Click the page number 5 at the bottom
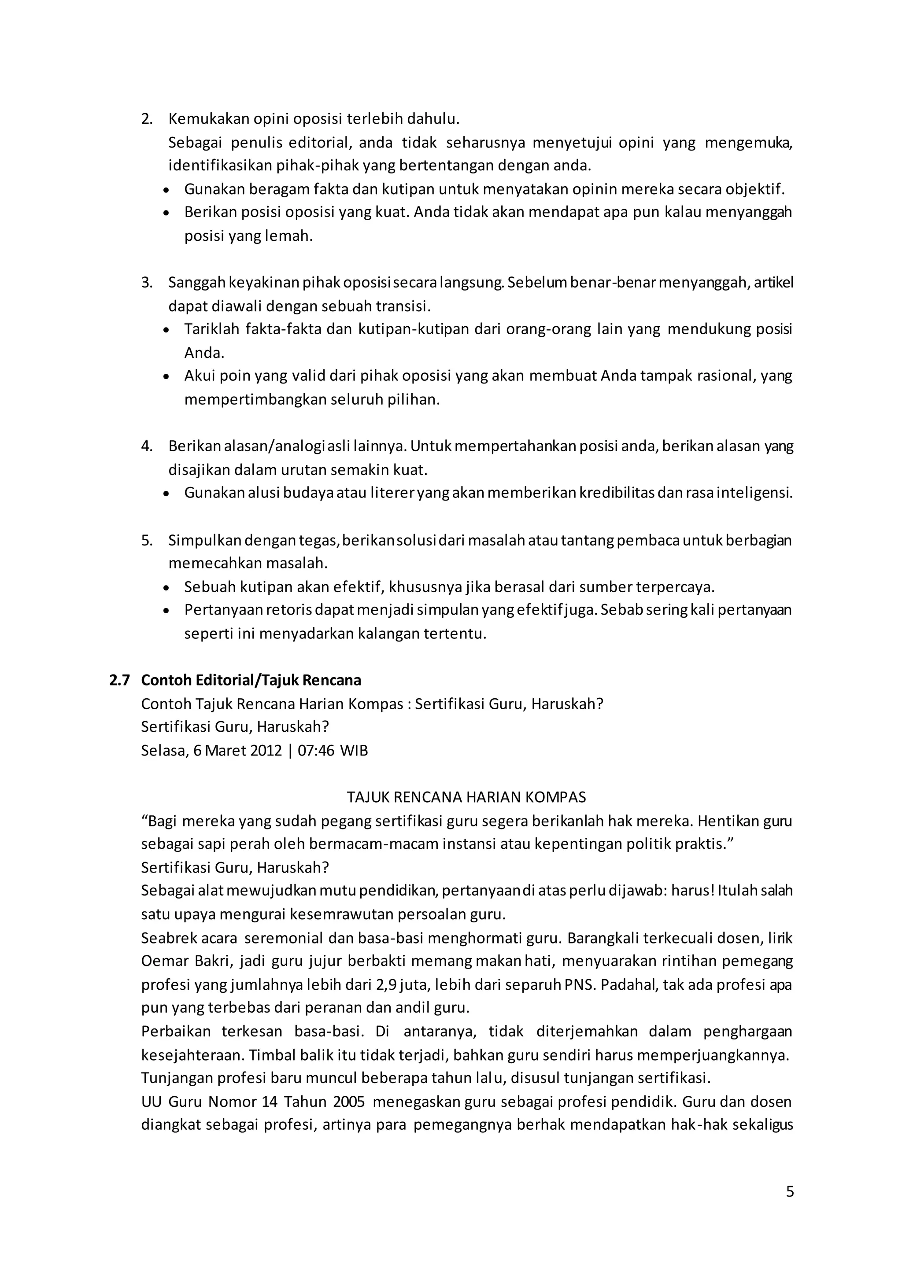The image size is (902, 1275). tap(790, 1192)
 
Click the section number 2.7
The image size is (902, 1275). tap(119, 680)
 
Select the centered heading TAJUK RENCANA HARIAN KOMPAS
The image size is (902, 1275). tap(466, 797)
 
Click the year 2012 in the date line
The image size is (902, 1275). tap(266, 751)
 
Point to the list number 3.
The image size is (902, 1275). tap(147, 283)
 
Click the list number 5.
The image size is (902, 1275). tap(147, 540)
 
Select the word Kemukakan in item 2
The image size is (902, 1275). tap(209, 119)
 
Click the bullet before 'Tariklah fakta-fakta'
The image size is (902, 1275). tap(166, 330)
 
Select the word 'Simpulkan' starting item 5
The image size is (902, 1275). tap(204, 540)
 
